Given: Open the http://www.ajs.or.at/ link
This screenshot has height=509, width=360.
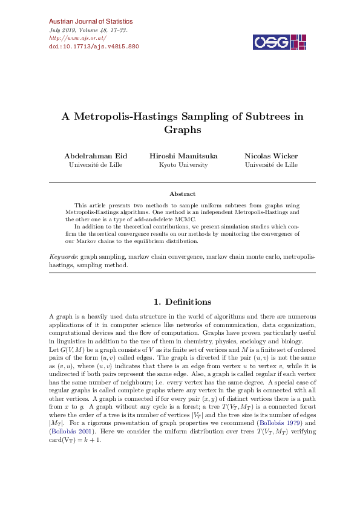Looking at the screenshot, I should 76,37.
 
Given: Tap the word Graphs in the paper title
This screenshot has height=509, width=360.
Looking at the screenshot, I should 182,129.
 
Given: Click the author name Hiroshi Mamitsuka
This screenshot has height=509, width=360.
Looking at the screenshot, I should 183,156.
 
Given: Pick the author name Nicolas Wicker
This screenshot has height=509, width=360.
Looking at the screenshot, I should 270,156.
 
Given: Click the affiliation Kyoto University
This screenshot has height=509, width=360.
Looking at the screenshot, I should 183,164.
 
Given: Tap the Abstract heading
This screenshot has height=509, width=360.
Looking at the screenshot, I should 182,194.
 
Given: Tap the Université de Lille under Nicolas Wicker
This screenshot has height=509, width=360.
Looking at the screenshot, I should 270,164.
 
